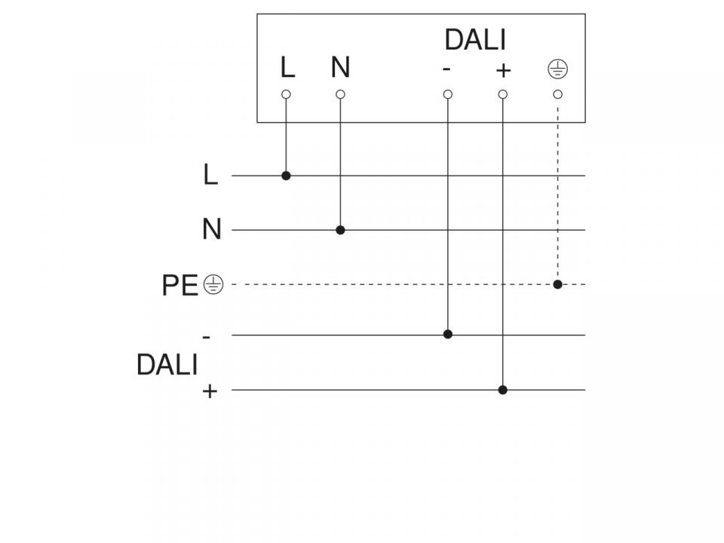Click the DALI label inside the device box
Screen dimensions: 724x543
475,40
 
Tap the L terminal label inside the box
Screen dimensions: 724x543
287,67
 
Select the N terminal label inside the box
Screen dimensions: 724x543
340,67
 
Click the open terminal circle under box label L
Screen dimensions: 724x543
286,94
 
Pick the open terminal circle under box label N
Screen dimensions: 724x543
340,94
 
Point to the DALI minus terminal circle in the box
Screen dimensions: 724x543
447,94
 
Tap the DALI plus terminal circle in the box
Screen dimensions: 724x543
503,94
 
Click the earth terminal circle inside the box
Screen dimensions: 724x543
558,94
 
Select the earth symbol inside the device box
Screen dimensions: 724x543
558,69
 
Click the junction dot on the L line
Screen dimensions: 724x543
286,176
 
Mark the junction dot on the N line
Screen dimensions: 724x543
340,230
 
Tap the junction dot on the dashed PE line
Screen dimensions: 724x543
558,284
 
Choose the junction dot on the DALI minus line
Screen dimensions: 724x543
447,334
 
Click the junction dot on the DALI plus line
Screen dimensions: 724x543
503,390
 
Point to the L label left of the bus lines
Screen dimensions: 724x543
210,174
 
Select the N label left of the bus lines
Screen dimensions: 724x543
212,229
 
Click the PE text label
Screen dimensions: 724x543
179,285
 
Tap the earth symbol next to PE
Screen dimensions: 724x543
213,284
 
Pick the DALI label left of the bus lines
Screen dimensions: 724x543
167,364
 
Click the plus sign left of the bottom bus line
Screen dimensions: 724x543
210,391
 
